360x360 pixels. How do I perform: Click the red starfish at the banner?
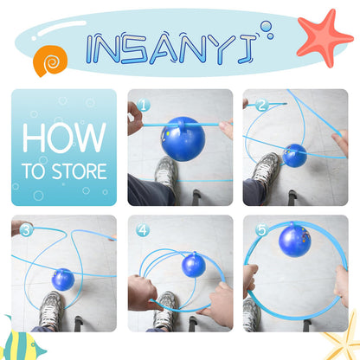325,37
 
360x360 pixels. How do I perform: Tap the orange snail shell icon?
50,61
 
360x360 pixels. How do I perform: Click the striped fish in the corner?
22,344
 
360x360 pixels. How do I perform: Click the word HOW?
64,138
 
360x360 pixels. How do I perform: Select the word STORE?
79,171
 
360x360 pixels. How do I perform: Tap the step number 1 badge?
144,106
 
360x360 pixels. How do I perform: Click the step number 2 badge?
261,106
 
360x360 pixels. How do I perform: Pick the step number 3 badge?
27,230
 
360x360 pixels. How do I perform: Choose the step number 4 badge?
143,230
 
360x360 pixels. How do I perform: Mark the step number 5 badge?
262,230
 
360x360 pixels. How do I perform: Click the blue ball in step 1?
183,138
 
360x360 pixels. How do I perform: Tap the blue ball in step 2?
294,156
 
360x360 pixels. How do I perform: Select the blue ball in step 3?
63,280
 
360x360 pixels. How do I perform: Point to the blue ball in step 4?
194,265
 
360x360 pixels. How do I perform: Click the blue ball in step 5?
295,241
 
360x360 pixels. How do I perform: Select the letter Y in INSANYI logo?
220,48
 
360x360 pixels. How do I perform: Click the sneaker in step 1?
166,173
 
